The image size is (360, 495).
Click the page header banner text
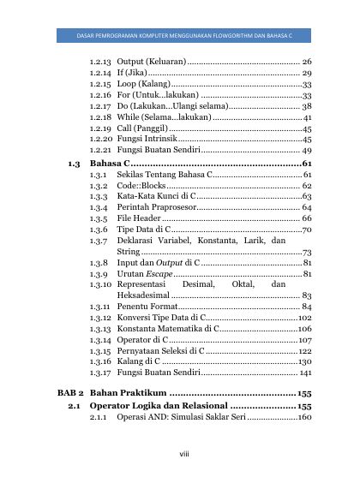pyautogui.click(x=179, y=37)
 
